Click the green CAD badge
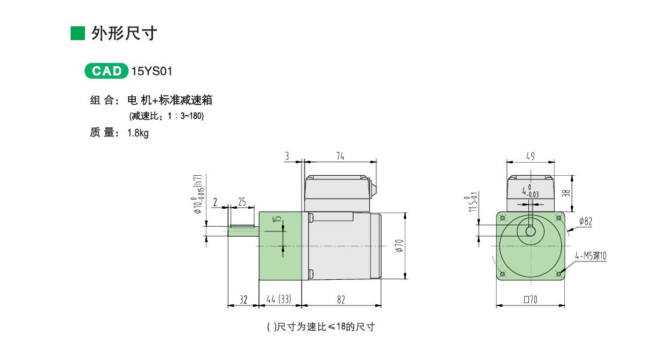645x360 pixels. click(107, 71)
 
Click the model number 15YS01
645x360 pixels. click(152, 71)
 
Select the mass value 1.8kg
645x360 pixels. click(138, 133)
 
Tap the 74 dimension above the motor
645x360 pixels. click(340, 157)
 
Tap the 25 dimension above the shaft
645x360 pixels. click(242, 202)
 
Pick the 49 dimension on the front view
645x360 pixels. click(530, 157)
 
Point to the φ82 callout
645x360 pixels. click(586, 222)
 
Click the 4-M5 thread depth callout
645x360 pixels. click(591, 256)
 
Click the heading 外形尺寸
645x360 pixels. click(124, 33)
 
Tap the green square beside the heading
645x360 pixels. click(78, 33)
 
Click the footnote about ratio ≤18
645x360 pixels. click(321, 327)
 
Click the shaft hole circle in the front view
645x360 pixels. click(531, 231)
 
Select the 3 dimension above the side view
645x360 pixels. click(287, 157)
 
